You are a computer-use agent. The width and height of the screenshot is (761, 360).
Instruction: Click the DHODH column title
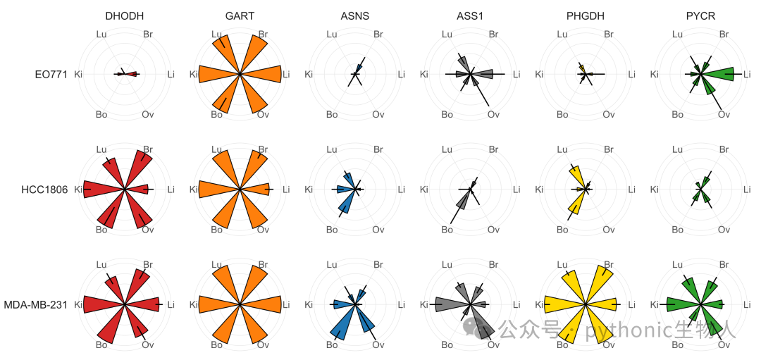coord(125,16)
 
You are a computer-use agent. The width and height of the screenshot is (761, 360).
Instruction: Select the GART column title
coord(240,16)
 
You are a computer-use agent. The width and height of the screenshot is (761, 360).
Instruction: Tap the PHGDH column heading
coord(586,16)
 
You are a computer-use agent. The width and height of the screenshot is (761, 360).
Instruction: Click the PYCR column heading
coord(701,16)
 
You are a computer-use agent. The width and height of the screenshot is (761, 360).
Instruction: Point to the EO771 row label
coord(51,75)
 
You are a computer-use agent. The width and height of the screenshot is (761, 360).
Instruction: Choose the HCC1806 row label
coord(44,190)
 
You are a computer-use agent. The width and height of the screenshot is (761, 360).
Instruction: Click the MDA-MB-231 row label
coord(36,305)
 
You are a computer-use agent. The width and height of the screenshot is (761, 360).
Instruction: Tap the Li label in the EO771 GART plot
coord(286,74)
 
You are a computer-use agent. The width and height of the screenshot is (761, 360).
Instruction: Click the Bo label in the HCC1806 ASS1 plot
coord(447,230)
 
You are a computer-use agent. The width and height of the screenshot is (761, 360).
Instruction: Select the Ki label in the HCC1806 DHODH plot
coord(78,190)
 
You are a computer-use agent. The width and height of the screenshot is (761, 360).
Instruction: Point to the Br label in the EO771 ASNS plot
coord(378,35)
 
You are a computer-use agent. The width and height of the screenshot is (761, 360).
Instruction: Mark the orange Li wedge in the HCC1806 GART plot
coord(255,190)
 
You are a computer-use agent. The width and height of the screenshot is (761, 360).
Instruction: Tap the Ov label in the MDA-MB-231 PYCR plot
coord(724,345)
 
